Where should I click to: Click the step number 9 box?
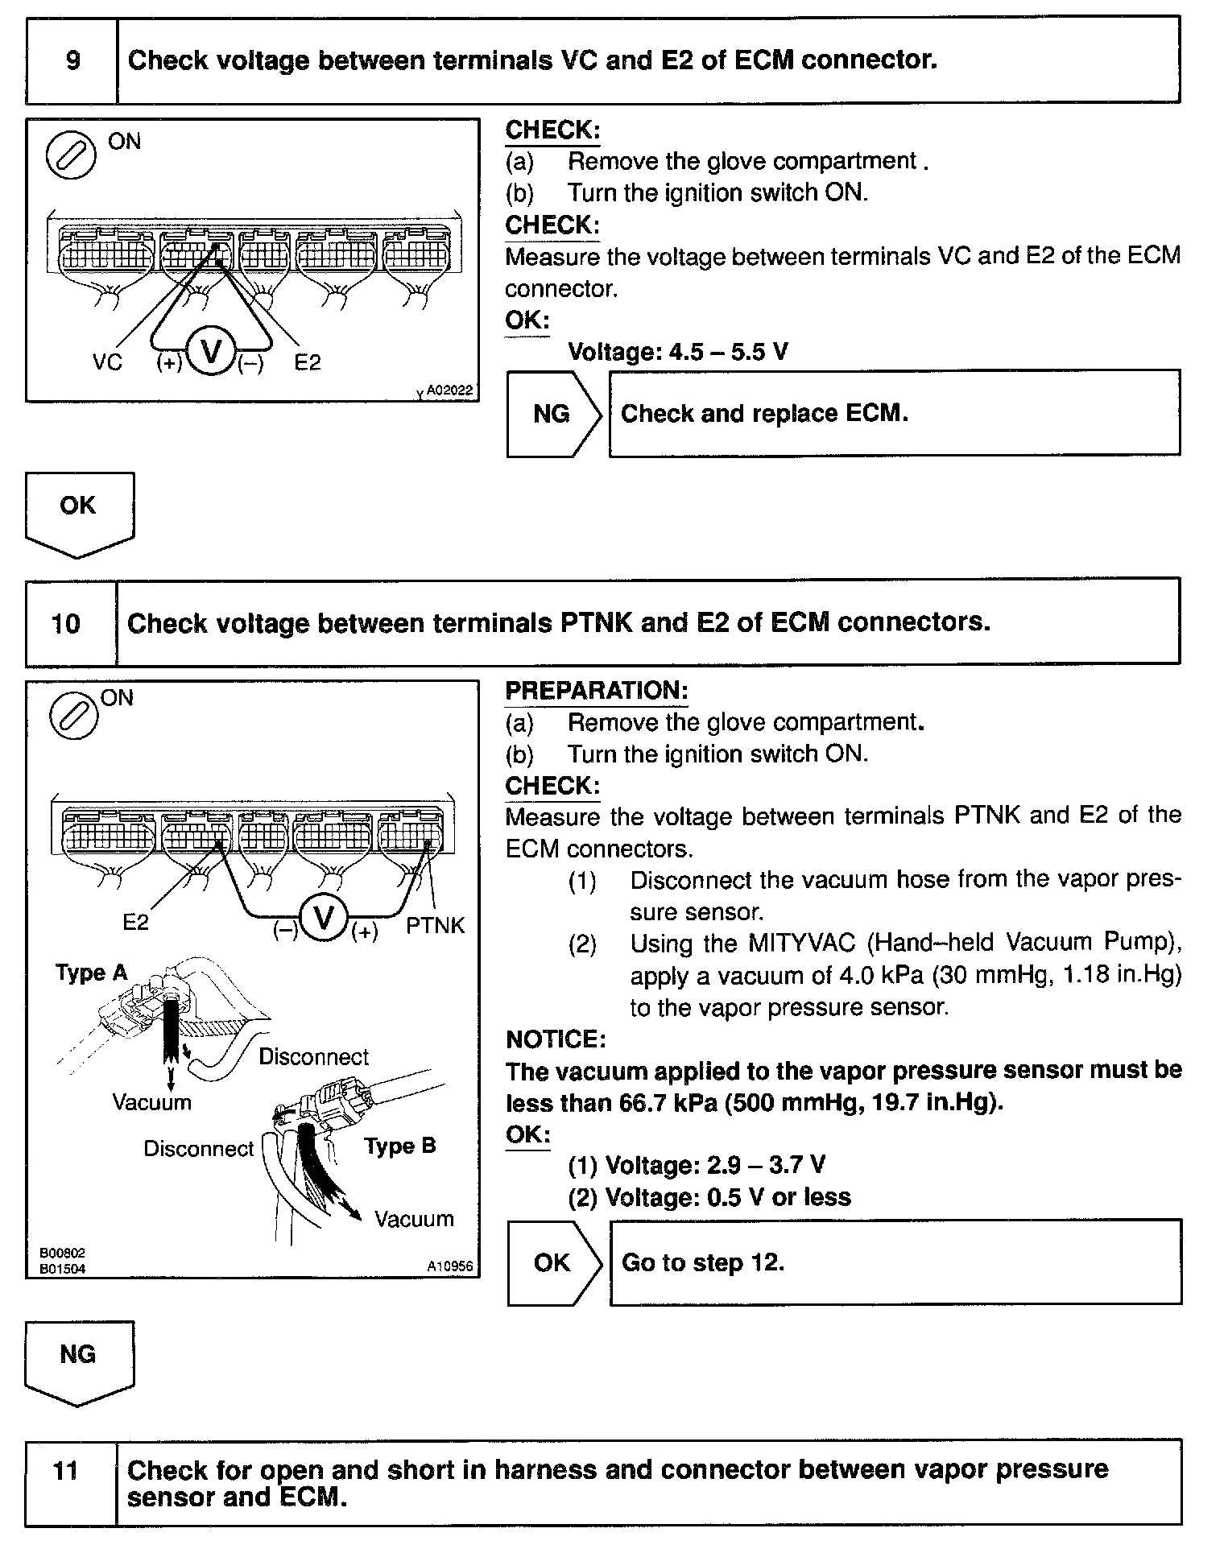pyautogui.click(x=72, y=60)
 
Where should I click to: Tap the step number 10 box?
pyautogui.click(x=66, y=623)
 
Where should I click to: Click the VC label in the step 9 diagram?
pyautogui.click(x=107, y=362)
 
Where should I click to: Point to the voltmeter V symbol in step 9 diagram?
pyautogui.click(x=211, y=352)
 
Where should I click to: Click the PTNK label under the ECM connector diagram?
pyautogui.click(x=435, y=925)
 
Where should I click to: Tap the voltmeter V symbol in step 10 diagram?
pyautogui.click(x=324, y=917)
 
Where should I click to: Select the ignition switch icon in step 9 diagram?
pyautogui.click(x=71, y=154)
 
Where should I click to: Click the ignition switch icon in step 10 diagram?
pyautogui.click(x=74, y=715)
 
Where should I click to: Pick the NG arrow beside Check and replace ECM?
pyautogui.click(x=553, y=414)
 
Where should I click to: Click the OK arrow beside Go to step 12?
pyautogui.click(x=553, y=1262)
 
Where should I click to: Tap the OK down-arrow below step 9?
pyautogui.click(x=79, y=512)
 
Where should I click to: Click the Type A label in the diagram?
pyautogui.click(x=92, y=973)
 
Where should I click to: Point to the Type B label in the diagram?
pyautogui.click(x=399, y=1146)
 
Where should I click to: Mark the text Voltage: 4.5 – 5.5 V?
pyautogui.click(x=678, y=352)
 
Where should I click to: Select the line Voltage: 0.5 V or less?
pyautogui.click(x=709, y=1197)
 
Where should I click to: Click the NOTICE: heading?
pyautogui.click(x=556, y=1039)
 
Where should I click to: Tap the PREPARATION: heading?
pyautogui.click(x=596, y=691)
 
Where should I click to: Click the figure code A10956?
pyautogui.click(x=449, y=1266)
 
